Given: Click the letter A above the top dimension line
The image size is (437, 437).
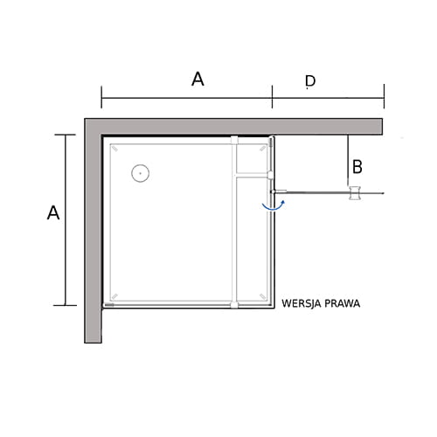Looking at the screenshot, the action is (x=198, y=80).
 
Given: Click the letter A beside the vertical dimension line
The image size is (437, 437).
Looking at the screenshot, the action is (x=53, y=212).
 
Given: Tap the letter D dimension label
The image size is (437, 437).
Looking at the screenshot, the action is (x=310, y=81).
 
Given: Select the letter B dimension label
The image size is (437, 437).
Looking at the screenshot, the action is (x=357, y=167).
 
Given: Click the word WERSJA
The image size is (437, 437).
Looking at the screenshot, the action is (x=302, y=303).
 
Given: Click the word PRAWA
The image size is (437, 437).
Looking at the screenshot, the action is (x=343, y=303).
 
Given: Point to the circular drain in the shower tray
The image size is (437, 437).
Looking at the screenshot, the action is (x=141, y=173).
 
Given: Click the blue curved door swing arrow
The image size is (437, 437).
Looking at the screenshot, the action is (x=274, y=205).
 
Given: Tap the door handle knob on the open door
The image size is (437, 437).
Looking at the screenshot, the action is (x=355, y=193).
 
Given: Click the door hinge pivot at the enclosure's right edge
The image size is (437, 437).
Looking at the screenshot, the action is (x=272, y=191).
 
